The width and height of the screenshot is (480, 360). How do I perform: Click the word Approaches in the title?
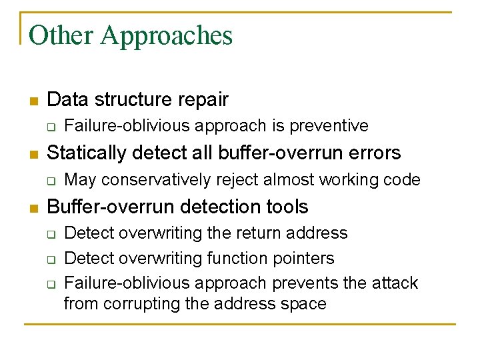point(167,35)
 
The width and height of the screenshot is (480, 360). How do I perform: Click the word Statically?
point(87,153)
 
